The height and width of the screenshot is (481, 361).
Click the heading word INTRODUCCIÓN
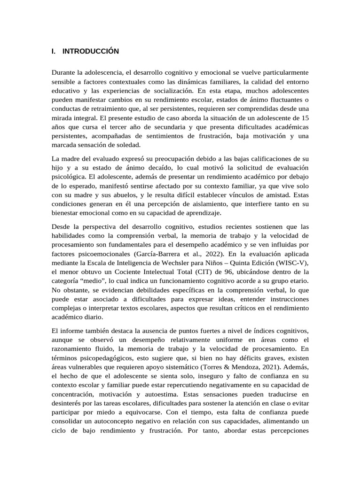(90, 51)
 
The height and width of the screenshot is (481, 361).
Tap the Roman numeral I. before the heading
(54, 51)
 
